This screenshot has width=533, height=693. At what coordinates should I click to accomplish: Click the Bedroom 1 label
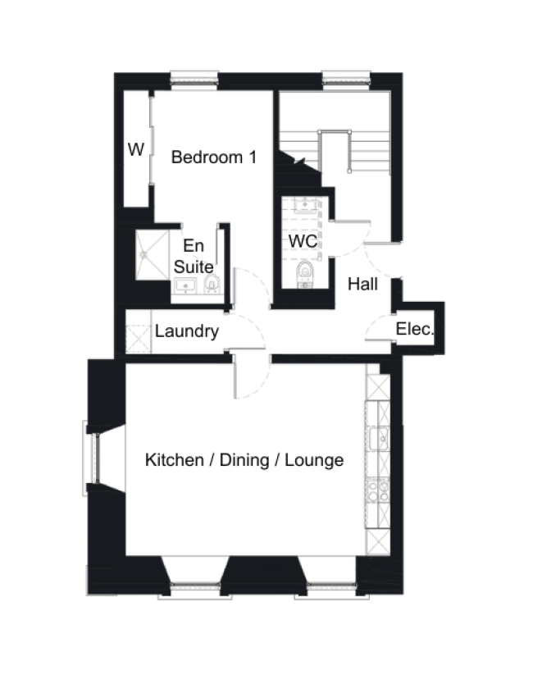point(213,157)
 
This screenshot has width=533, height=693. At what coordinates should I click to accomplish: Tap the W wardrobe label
point(136,150)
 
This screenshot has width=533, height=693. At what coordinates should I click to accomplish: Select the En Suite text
point(194,256)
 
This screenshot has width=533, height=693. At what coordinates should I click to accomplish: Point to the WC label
point(303,242)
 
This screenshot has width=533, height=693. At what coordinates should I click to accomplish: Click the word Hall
point(362,285)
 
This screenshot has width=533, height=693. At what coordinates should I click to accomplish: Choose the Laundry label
point(187,331)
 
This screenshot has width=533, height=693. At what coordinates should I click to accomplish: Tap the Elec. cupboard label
point(415,329)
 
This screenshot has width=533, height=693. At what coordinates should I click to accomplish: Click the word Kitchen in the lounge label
point(175,460)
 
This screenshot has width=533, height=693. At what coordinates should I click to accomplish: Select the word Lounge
point(316,460)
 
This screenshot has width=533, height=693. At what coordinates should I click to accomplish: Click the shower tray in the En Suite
point(152,254)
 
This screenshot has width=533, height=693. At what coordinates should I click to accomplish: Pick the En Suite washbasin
point(185,286)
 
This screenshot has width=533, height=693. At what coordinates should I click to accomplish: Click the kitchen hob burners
point(378,490)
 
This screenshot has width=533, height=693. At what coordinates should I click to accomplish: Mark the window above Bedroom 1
point(194,79)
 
